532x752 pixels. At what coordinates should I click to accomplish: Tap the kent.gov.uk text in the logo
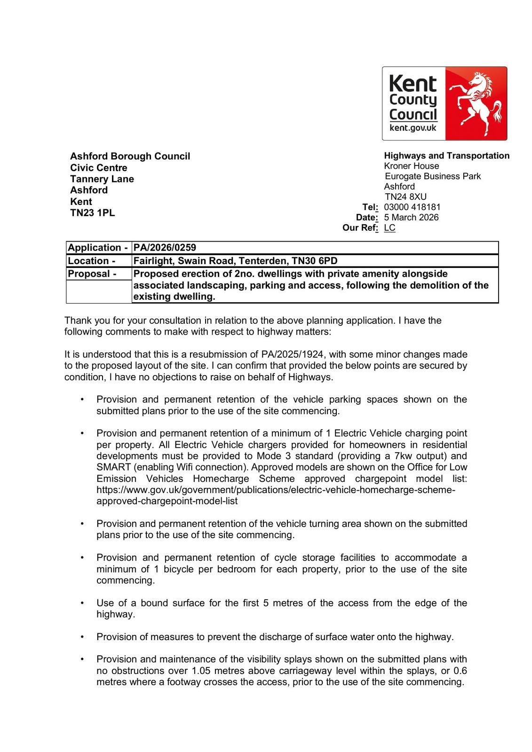click(413, 128)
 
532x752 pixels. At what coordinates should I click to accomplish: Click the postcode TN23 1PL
click(93, 212)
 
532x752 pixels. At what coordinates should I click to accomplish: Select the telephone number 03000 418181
click(412, 207)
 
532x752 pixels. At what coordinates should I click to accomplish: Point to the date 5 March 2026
click(411, 217)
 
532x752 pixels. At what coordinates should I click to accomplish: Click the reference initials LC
click(389, 227)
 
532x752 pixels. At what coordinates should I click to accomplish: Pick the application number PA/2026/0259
click(165, 248)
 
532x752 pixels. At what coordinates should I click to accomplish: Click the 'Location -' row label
click(92, 261)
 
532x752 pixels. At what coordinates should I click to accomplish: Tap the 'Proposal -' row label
click(92, 274)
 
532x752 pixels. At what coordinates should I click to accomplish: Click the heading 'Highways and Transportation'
click(446, 156)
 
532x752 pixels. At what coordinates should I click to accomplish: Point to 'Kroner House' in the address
click(412, 166)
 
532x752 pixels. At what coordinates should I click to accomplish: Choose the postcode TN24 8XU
click(405, 196)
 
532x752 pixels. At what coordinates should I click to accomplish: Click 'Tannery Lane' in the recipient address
click(102, 179)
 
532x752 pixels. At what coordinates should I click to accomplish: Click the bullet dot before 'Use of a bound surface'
click(82, 603)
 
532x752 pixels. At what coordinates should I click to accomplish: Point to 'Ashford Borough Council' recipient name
click(130, 156)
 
